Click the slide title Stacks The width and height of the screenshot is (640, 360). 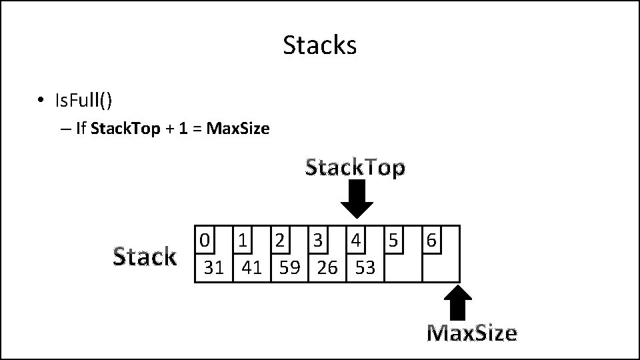pos(320,45)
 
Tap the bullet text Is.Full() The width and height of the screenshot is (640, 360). pos(83,101)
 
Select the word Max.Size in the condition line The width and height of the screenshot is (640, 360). pos(238,129)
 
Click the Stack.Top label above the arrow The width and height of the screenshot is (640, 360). pos(355,168)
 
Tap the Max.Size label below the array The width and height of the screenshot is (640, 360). pos(471,333)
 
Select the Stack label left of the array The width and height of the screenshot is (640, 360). pos(145,257)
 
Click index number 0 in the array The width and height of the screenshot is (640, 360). pos(205,239)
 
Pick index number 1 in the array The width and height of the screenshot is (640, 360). pos(243,239)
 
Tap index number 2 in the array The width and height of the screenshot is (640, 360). pos(281,239)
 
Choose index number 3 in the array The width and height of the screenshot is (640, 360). pos(319,239)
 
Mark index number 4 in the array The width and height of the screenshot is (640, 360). pos(356,239)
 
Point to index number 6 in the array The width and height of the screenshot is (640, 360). pos(431,239)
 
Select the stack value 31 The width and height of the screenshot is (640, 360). pos(214,268)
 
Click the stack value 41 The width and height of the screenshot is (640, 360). pos(252,268)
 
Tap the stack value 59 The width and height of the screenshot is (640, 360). pos(289,268)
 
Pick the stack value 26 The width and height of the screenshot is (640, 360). pos(327,268)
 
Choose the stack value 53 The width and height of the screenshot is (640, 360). pos(365,268)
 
